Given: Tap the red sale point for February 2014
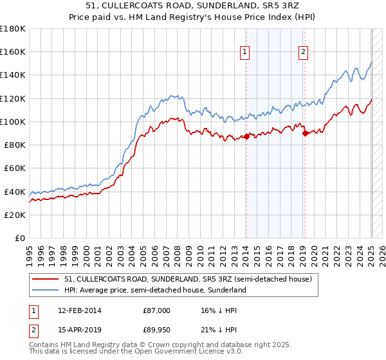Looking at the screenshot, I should tap(246, 136).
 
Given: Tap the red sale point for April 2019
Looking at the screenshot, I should tap(305, 133).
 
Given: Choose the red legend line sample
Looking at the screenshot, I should tap(46, 279).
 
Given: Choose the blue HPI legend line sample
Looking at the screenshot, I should tap(46, 290).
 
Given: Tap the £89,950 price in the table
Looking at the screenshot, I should tap(156, 330).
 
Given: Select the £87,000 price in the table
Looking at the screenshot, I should tap(156, 310).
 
